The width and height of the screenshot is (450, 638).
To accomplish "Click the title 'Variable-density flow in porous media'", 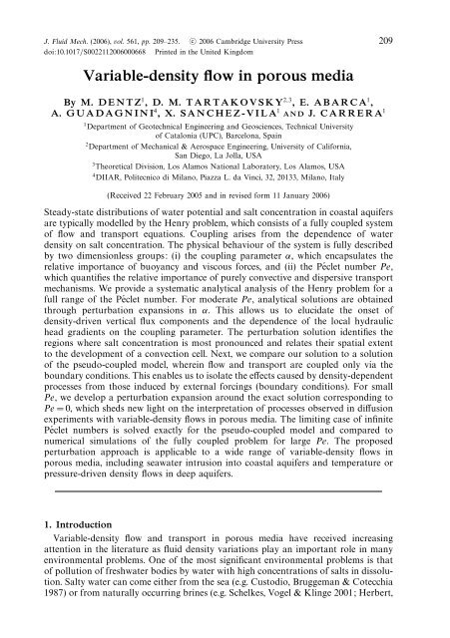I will (x=225, y=47).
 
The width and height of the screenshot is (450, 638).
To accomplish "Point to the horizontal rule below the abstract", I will (x=225, y=497).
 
